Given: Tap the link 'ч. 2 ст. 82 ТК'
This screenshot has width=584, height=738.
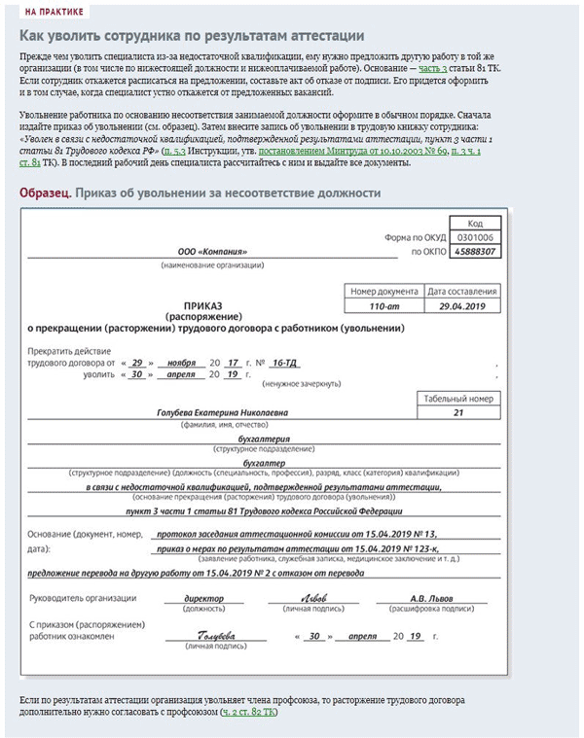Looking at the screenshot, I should click(248, 712).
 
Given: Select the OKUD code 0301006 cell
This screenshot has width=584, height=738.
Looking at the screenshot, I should click(475, 237).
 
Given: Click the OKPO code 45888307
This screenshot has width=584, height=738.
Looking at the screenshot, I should click(475, 252).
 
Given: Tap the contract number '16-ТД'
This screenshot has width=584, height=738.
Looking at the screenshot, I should click(283, 362).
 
